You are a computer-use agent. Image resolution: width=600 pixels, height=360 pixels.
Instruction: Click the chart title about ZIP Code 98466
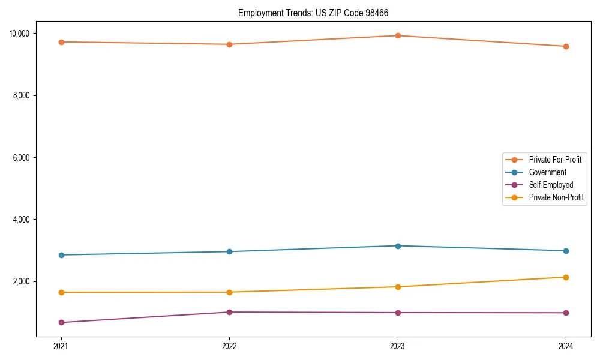[x=317, y=13]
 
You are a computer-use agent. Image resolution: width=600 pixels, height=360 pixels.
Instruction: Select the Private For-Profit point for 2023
[x=398, y=35]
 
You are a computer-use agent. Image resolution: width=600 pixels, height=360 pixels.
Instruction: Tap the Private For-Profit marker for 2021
[x=61, y=42]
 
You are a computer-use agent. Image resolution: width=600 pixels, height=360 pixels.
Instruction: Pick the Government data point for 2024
[x=566, y=251]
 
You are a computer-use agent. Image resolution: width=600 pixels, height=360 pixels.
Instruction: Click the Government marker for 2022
[x=229, y=251]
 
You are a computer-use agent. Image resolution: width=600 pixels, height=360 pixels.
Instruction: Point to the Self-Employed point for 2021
[x=61, y=322]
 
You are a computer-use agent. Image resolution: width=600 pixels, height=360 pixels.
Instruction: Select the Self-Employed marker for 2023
[x=398, y=313]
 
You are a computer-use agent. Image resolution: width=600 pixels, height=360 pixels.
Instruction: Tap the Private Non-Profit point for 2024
[x=566, y=277]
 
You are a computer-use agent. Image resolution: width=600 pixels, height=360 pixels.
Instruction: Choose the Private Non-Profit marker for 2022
[x=229, y=292]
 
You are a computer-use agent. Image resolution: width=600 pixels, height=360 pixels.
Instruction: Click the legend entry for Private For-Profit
[x=554, y=160]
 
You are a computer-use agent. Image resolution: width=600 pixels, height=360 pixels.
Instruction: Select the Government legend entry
[x=547, y=172]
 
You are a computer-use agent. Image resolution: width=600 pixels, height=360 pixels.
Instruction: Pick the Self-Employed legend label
[x=551, y=185]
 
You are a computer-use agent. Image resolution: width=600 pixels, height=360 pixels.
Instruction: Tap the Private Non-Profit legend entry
[x=556, y=197]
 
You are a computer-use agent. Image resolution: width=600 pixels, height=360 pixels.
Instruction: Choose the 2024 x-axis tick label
[x=566, y=346]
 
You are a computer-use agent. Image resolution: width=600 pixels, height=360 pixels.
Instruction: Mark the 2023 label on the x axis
[x=398, y=346]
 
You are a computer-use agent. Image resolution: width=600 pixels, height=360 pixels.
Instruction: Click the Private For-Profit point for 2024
[x=566, y=46]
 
